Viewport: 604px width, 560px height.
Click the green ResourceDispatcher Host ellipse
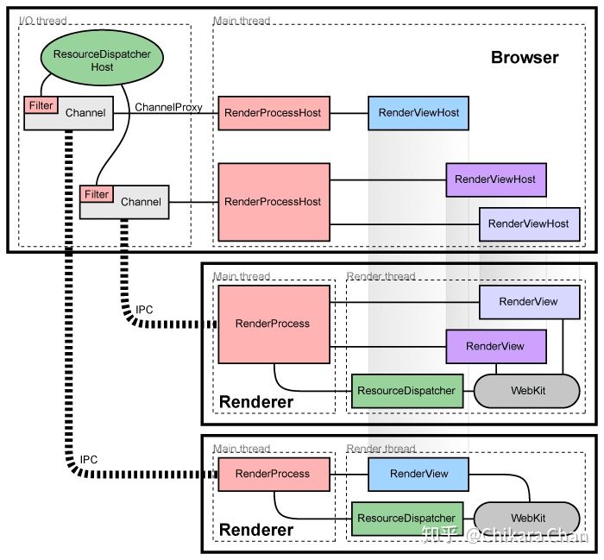point(102,60)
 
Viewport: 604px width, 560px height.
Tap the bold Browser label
point(525,58)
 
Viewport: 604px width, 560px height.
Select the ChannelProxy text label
point(169,107)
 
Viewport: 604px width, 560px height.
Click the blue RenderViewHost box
point(418,112)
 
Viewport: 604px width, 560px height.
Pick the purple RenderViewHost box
point(495,179)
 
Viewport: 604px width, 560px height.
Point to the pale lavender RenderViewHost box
point(528,223)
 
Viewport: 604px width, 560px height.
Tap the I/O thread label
point(43,20)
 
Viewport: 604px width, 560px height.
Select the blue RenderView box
point(419,474)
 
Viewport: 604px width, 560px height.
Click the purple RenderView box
point(495,346)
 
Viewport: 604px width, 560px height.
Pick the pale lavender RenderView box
point(528,302)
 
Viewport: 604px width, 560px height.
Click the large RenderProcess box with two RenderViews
point(273,324)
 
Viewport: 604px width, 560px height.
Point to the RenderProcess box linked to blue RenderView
point(273,474)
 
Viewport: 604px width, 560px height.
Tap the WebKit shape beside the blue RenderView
point(526,518)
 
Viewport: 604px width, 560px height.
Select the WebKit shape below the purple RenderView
point(526,391)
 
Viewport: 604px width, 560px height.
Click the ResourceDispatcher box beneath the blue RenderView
point(406,518)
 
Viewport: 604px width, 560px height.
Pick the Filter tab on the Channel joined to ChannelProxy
point(41,105)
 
